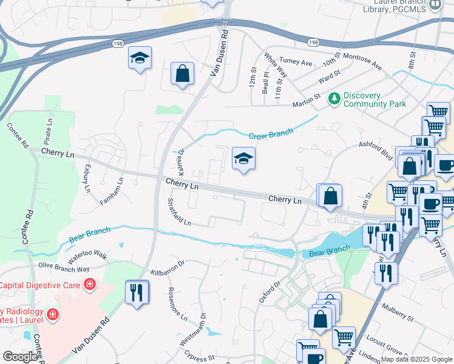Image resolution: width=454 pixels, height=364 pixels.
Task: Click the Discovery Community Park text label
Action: coord(374,99)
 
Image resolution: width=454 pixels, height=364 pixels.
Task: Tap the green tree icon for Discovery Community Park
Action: coord(334,98)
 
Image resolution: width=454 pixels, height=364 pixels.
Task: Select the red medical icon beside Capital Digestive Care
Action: coord(90,284)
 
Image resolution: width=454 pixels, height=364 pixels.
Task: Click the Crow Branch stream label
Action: coord(271,134)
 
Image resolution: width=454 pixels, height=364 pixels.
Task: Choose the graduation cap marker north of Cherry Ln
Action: coord(243,159)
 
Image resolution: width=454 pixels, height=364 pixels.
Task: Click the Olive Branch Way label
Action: coord(64,268)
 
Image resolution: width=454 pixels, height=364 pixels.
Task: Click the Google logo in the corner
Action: coord(20,357)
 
